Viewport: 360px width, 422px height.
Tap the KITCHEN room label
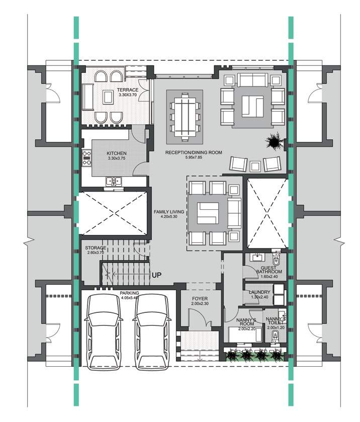tap(117, 153)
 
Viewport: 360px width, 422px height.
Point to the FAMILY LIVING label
tap(169, 212)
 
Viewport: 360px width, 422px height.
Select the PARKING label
tap(129, 293)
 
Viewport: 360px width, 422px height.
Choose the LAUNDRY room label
tap(260, 292)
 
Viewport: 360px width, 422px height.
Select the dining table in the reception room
tap(184, 115)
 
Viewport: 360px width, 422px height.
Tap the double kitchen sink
tap(112, 182)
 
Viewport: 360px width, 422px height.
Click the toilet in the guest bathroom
tap(276, 261)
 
